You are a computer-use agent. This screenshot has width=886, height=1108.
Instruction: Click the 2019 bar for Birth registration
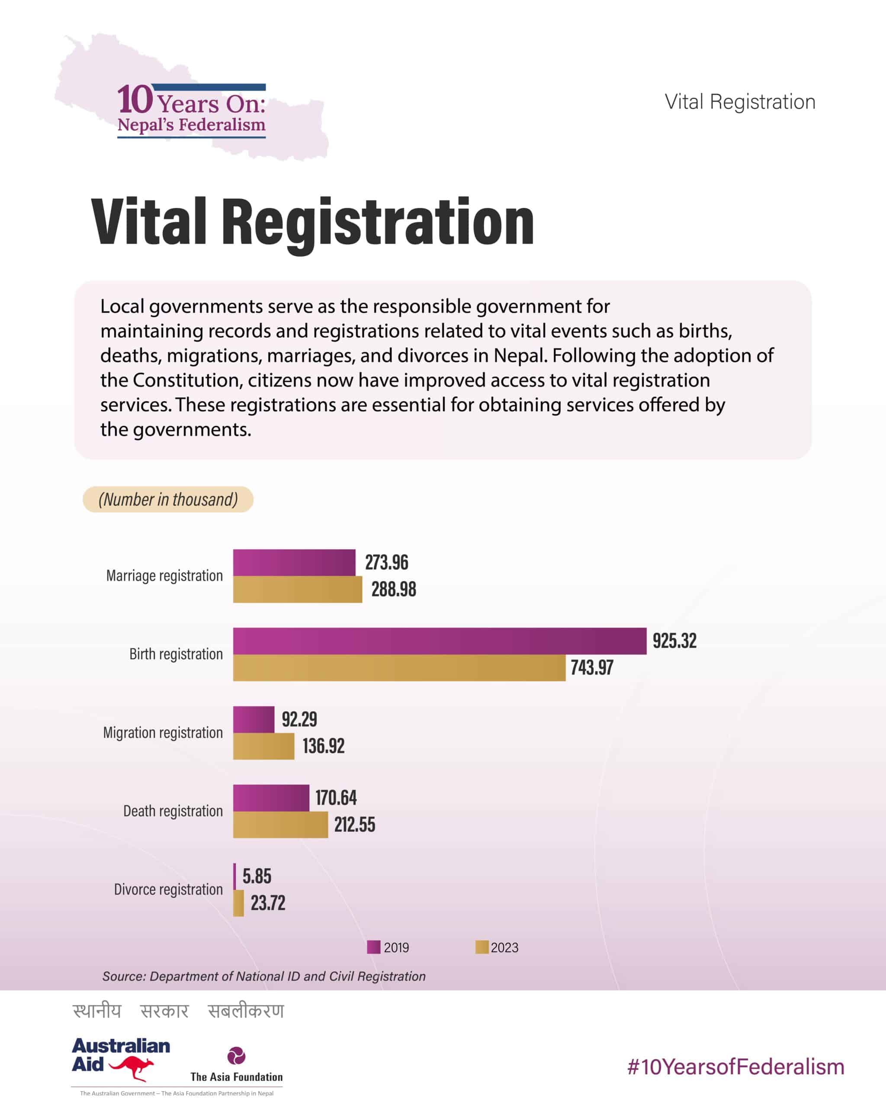440,641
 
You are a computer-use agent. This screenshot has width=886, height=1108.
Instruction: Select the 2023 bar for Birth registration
399,667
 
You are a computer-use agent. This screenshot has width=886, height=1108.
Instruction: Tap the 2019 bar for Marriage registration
294,562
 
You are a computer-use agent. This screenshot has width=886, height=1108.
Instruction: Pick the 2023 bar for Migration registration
263,746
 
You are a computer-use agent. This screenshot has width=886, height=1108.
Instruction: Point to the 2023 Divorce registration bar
238,903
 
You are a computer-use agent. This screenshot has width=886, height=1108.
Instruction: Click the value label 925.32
674,641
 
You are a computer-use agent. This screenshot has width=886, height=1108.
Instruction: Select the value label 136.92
324,746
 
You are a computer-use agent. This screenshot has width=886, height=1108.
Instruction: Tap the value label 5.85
257,876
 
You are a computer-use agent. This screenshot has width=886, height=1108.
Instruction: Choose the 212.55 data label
355,825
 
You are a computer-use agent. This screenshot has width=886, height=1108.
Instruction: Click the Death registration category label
173,811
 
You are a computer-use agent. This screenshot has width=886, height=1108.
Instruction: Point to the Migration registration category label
163,732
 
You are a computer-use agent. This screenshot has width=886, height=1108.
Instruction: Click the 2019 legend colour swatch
373,947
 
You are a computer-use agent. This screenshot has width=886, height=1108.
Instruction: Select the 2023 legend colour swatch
482,947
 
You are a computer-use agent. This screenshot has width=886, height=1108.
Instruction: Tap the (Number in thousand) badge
168,499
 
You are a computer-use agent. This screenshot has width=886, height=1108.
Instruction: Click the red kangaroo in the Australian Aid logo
132,1068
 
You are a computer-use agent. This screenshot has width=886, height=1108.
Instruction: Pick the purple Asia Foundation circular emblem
236,1056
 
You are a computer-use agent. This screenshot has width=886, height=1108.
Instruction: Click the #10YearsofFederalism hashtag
735,1067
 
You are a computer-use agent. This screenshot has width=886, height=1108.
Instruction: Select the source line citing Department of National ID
264,976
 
